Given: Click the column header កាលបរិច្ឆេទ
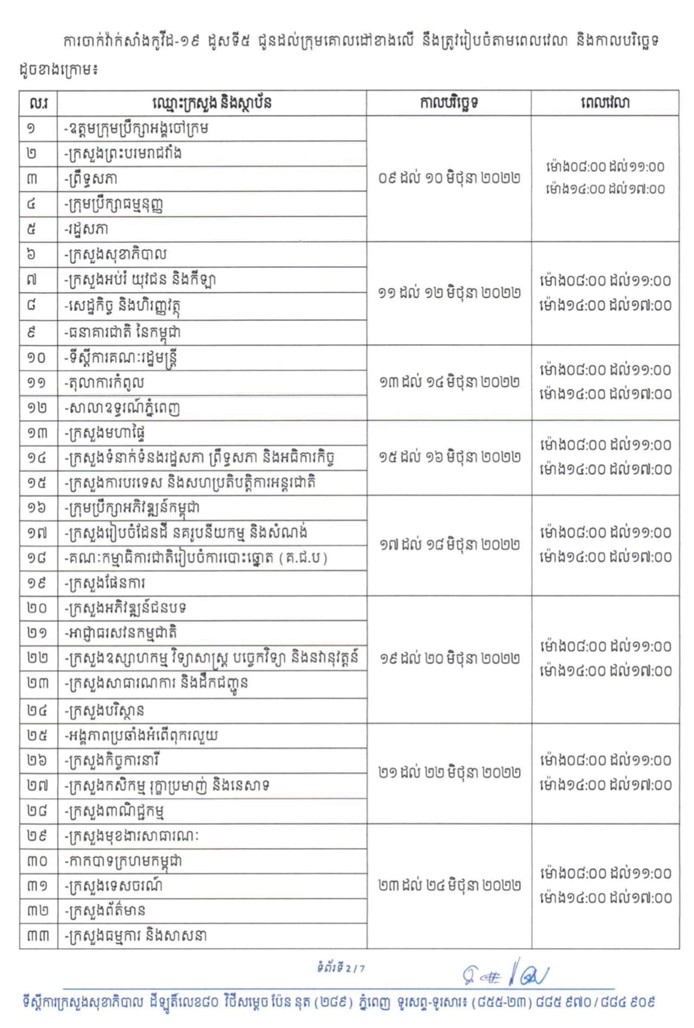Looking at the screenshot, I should [449, 103].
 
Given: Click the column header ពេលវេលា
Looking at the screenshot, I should [605, 103].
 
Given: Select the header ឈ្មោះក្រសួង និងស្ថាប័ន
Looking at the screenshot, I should [212, 103].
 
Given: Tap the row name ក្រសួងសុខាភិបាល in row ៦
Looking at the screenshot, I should [116, 255].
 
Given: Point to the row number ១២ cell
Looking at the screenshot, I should [37, 408].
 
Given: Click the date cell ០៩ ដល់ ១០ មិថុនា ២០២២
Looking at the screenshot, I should [449, 178].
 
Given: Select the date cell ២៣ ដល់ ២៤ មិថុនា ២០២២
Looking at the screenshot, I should [449, 885].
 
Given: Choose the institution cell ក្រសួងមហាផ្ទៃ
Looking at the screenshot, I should [105, 433].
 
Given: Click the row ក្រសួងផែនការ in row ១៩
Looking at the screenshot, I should [105, 583].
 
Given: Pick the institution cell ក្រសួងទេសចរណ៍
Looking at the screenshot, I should [114, 886].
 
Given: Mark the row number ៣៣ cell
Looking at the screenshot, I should [37, 936].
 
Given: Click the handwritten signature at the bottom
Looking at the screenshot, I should [505, 975].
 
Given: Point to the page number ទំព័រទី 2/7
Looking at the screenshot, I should [341, 967].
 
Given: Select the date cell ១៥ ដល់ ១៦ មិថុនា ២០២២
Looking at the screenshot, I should [449, 457].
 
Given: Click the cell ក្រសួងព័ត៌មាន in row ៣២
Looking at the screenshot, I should [105, 911].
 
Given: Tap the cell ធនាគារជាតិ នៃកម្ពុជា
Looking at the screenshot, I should [122, 332].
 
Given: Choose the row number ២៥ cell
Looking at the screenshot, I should [37, 736].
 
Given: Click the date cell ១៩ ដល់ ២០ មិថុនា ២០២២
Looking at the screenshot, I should [449, 658].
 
